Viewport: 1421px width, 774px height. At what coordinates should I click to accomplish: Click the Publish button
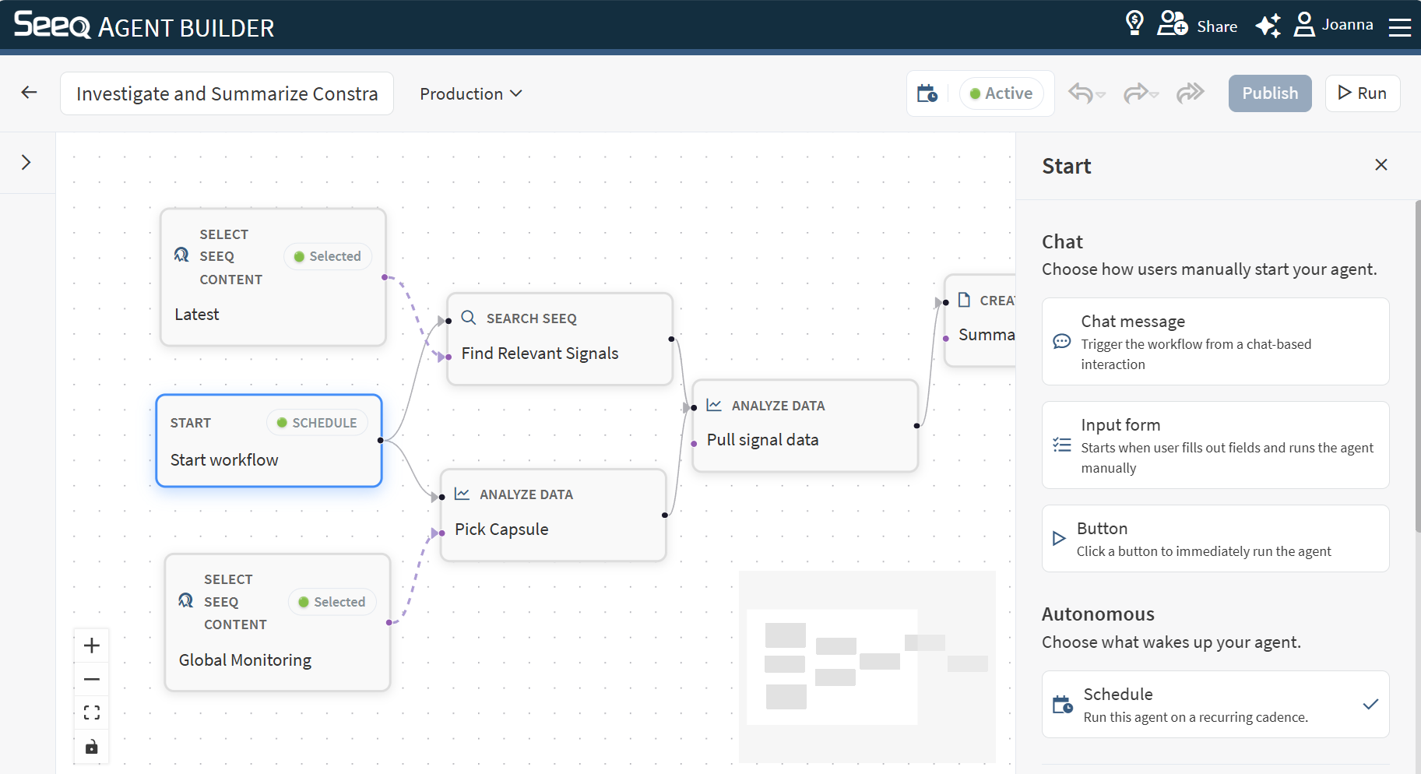click(x=1270, y=93)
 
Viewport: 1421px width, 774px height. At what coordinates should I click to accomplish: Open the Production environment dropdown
click(x=471, y=93)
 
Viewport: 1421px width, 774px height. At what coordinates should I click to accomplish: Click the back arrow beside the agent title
click(x=30, y=93)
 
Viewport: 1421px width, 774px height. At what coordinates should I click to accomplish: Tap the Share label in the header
click(x=1217, y=26)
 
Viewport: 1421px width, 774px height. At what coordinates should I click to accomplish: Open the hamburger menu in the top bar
click(x=1400, y=27)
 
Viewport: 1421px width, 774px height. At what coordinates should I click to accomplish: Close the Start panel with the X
click(x=1381, y=164)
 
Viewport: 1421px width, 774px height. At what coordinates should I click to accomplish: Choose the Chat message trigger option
click(x=1215, y=341)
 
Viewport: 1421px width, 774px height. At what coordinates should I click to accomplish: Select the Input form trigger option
click(x=1215, y=445)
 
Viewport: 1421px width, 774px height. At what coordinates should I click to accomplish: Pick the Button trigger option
click(x=1215, y=538)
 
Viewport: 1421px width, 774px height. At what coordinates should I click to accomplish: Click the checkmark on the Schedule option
click(x=1371, y=704)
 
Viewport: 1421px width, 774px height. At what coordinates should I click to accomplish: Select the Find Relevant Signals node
click(x=560, y=339)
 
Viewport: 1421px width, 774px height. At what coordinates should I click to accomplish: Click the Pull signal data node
click(x=805, y=425)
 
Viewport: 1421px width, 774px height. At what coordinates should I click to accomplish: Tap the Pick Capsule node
click(x=554, y=515)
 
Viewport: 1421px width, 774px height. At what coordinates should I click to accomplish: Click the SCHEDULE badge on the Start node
click(x=317, y=423)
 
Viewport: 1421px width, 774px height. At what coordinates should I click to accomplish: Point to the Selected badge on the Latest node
click(x=328, y=256)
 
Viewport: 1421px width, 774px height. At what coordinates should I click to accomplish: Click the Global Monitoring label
click(x=245, y=660)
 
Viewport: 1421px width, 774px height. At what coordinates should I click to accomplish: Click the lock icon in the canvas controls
click(x=92, y=747)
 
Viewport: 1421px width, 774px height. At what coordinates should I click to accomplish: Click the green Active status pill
click(x=1001, y=93)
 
